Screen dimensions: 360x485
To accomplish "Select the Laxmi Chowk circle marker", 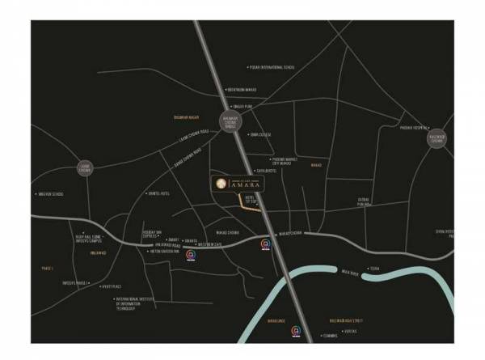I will (86, 168).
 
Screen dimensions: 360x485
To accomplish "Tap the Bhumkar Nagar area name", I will (186, 117).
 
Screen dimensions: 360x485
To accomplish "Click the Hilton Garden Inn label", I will (167, 252).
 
